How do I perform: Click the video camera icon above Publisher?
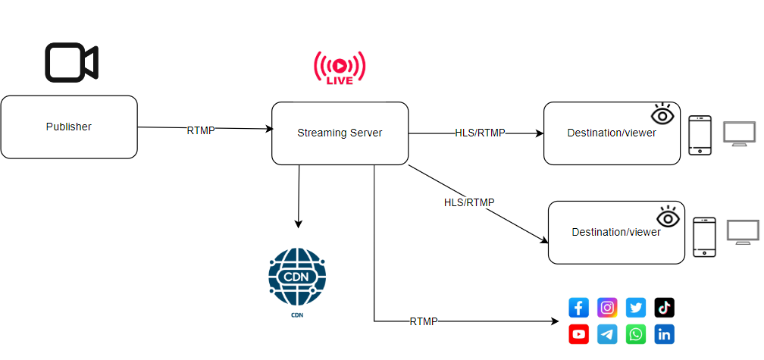point(71,62)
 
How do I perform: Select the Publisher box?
point(68,127)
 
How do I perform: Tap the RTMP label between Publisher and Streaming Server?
point(201,130)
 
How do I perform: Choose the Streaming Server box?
point(340,133)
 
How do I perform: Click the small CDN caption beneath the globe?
point(296,314)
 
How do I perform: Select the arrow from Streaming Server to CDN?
point(299,197)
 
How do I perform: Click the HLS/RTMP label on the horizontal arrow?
point(480,133)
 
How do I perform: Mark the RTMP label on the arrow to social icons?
point(424,321)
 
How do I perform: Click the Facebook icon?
point(579,308)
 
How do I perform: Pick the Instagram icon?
point(607,308)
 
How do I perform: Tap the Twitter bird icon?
point(636,308)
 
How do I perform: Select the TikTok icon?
point(665,308)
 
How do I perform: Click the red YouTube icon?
point(579,334)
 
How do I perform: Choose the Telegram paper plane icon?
point(607,334)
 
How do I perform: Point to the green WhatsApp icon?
point(636,334)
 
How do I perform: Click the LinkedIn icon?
point(665,334)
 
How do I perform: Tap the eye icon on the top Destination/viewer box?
point(662,114)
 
